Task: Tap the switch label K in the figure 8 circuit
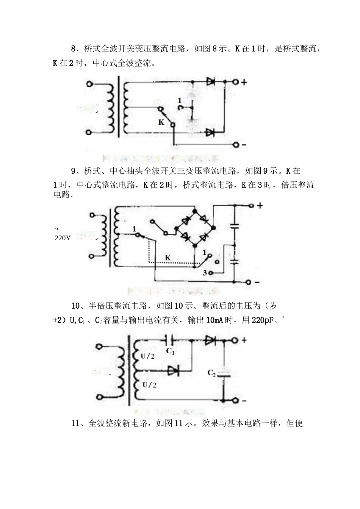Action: [161, 122]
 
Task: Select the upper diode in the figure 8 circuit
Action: [211, 81]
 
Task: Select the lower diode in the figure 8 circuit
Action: [210, 132]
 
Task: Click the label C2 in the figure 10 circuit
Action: [211, 373]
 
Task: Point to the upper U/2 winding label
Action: [147, 356]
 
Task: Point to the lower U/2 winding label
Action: [149, 385]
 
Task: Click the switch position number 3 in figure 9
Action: [205, 273]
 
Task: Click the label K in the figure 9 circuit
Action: [168, 258]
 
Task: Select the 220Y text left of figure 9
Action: [63, 238]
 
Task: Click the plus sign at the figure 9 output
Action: [260, 206]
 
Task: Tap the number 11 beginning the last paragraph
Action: [75, 423]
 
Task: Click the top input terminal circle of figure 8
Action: [89, 84]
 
